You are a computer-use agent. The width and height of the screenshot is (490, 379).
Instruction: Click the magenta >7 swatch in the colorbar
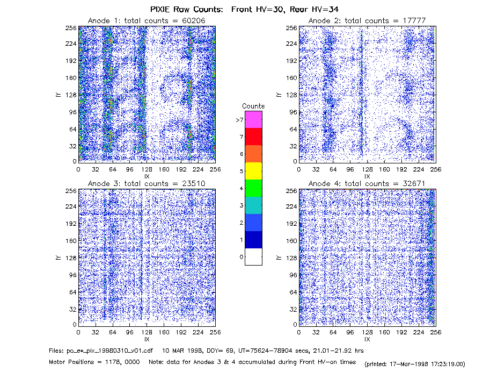[x=253, y=119]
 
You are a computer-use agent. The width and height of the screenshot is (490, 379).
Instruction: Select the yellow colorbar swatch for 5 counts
[x=253, y=171]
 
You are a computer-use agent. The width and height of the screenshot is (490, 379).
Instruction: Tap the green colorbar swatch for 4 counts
[x=253, y=188]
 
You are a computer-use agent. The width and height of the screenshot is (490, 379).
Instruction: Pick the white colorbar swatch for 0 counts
[x=253, y=256]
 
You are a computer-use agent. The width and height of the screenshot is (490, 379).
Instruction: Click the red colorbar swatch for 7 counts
[x=253, y=137]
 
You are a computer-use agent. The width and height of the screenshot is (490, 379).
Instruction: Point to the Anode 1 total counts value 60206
[x=193, y=20]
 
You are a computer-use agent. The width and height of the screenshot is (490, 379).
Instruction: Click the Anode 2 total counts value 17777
[x=414, y=20]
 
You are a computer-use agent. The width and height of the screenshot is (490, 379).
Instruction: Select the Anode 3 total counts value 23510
[x=193, y=183]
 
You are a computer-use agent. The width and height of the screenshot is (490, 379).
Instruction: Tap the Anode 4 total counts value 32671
[x=414, y=183]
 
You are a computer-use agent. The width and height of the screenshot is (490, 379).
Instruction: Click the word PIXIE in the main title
[x=160, y=9]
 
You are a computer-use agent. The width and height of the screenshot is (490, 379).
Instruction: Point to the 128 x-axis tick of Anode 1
[x=147, y=169]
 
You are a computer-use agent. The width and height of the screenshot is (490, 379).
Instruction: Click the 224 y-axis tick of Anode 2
[x=291, y=44]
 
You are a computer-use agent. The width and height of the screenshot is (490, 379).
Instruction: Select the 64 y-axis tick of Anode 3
[x=73, y=292]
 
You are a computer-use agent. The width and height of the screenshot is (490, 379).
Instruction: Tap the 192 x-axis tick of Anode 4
[x=401, y=332]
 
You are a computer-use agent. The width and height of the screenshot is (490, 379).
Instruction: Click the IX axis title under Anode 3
[x=147, y=339]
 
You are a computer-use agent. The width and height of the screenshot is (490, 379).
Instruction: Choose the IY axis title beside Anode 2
[x=279, y=95]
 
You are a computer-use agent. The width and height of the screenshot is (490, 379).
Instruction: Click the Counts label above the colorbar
[x=253, y=106]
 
